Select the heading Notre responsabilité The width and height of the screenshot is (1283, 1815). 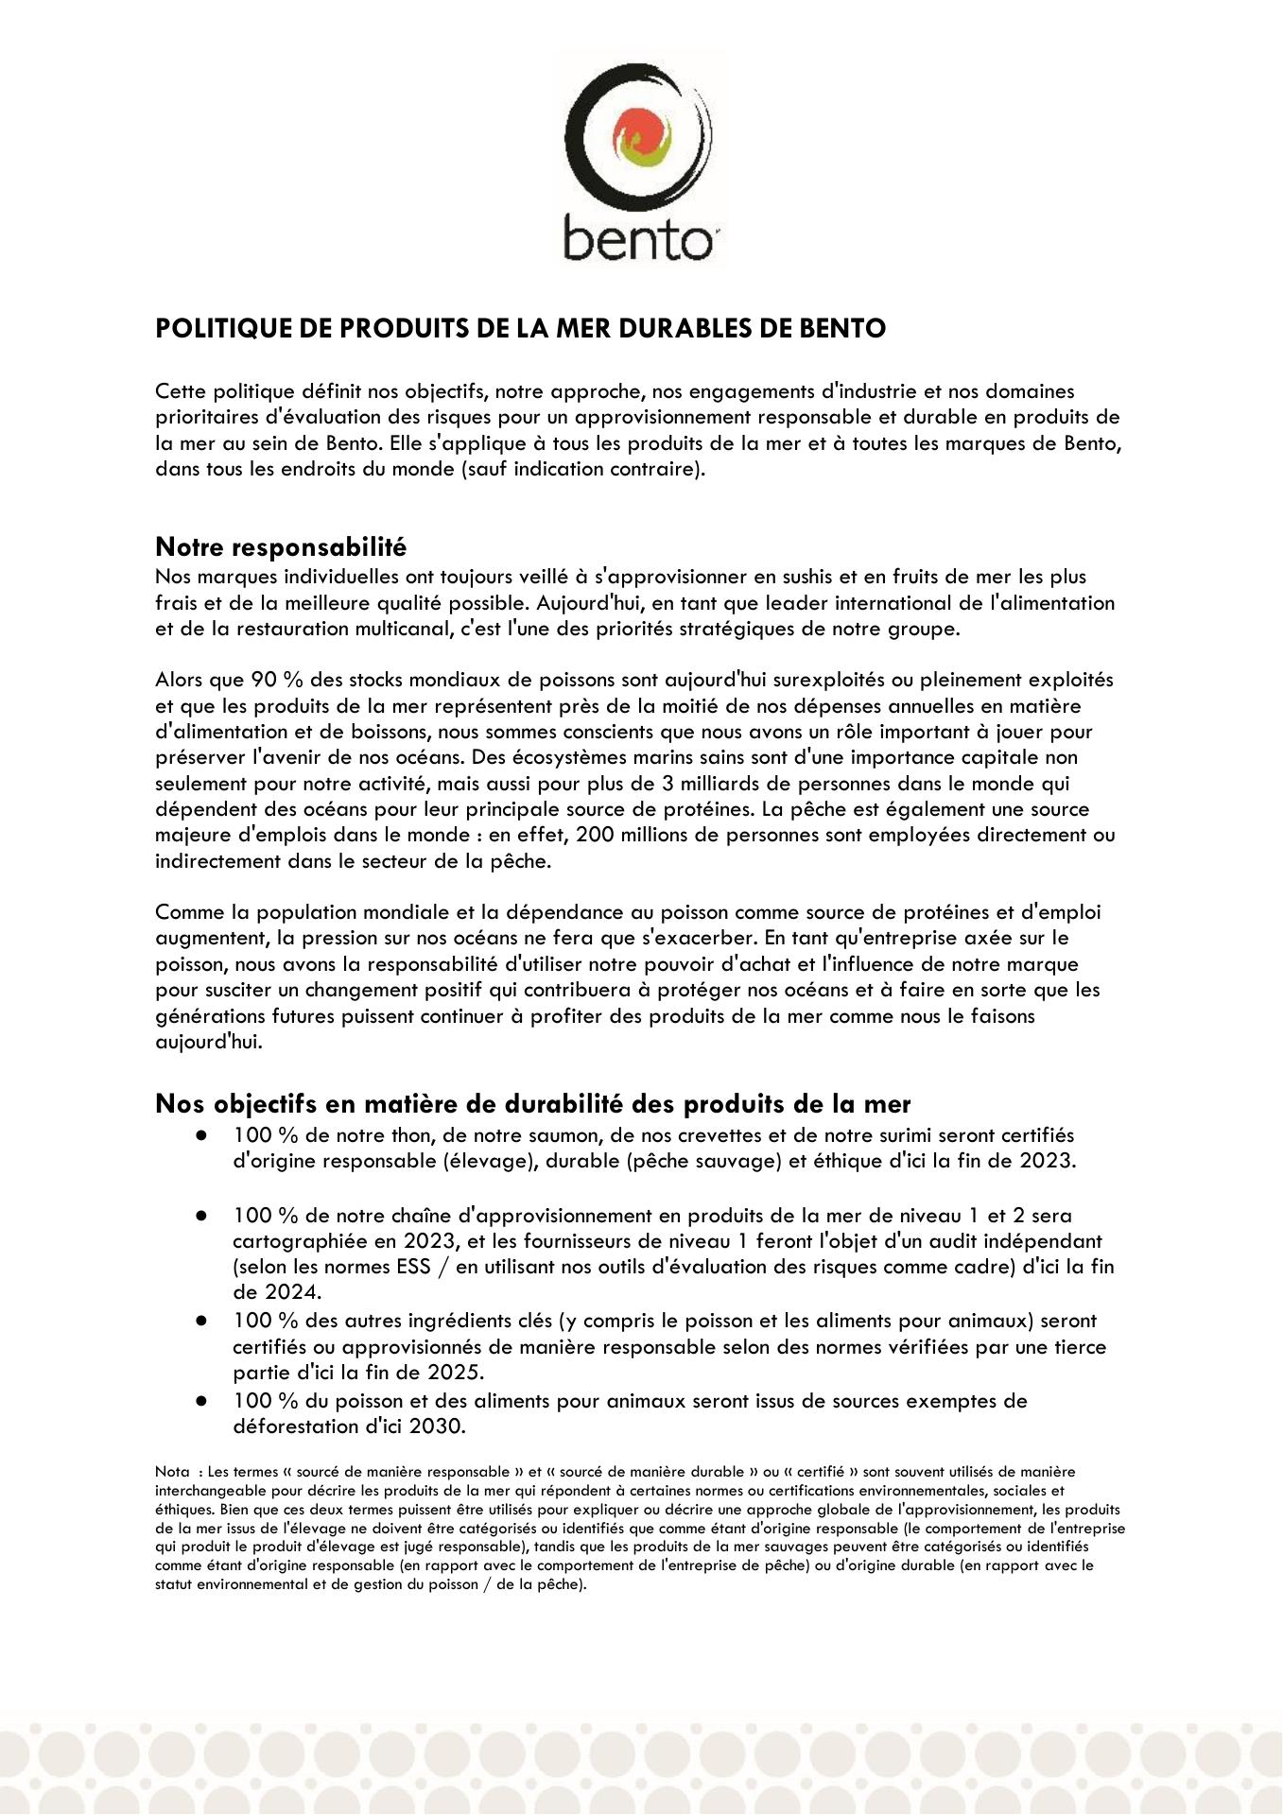coord(281,546)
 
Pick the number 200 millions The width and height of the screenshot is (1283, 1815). coord(626,835)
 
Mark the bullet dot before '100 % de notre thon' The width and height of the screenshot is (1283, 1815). coord(201,1135)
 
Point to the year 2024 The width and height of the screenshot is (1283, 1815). coord(291,1292)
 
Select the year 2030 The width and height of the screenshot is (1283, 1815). coord(436,1426)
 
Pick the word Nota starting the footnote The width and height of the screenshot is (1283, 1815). coord(172,1472)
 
